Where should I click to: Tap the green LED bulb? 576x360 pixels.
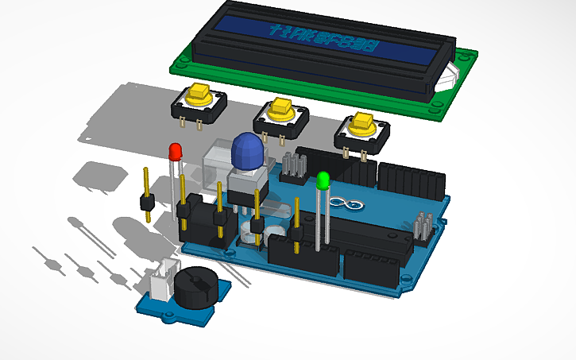coord(323,180)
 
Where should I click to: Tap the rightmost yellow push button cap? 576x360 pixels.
coord(361,123)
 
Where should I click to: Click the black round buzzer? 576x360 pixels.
coord(195,285)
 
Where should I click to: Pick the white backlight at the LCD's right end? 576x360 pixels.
coord(450,75)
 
